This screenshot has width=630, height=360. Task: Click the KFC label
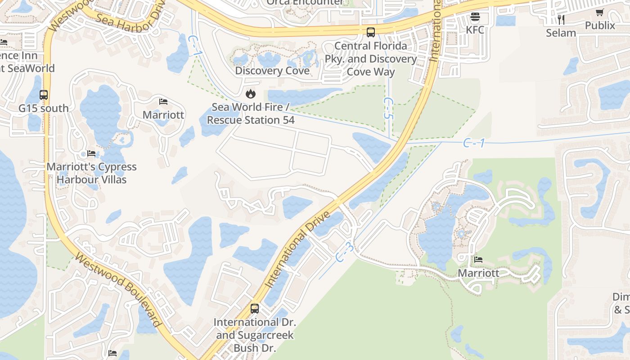point(475,30)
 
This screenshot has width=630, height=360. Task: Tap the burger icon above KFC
point(475,17)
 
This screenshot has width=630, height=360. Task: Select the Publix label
point(600,26)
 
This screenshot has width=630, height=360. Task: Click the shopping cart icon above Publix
point(599,13)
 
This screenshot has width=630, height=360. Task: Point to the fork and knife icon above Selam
point(561,19)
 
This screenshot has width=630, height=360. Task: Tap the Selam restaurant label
point(561,33)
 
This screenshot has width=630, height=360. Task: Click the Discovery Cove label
point(272,71)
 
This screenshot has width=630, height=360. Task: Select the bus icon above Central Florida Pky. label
point(371,32)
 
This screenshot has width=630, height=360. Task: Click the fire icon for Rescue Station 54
point(251,94)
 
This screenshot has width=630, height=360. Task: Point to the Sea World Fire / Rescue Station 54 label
point(251,113)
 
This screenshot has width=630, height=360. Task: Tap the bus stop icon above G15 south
point(44,95)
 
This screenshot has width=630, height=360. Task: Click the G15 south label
point(44,108)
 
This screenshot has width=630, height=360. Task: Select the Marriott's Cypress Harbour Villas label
point(92,173)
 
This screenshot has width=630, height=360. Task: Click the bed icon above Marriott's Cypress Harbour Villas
point(91,153)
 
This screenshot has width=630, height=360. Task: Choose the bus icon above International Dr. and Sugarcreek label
point(255,309)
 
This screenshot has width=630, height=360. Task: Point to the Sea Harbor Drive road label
point(129,21)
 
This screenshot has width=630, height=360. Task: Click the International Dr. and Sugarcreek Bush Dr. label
point(255,335)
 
